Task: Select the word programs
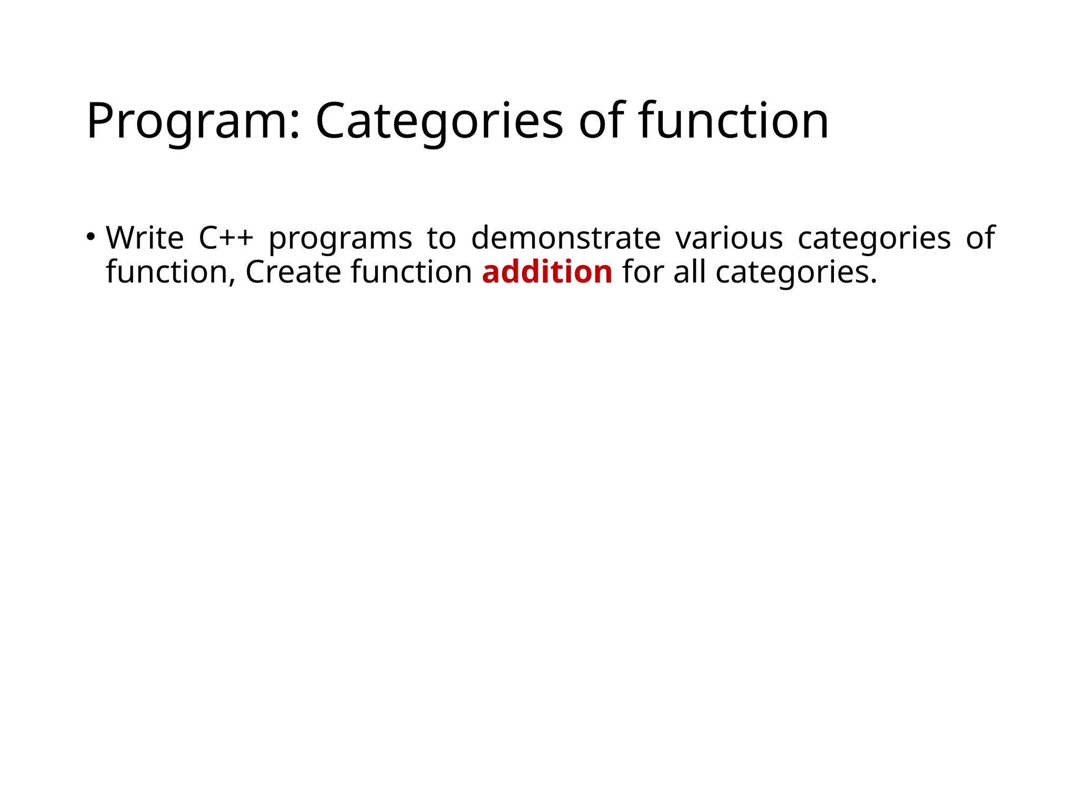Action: pyautogui.click(x=340, y=239)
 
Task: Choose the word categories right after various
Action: pyautogui.click(x=874, y=239)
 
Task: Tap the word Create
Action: pyautogui.click(x=293, y=272)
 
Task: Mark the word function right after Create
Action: pyautogui.click(x=411, y=272)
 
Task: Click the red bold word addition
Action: pyautogui.click(x=547, y=272)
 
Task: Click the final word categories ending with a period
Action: pyautogui.click(x=796, y=273)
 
